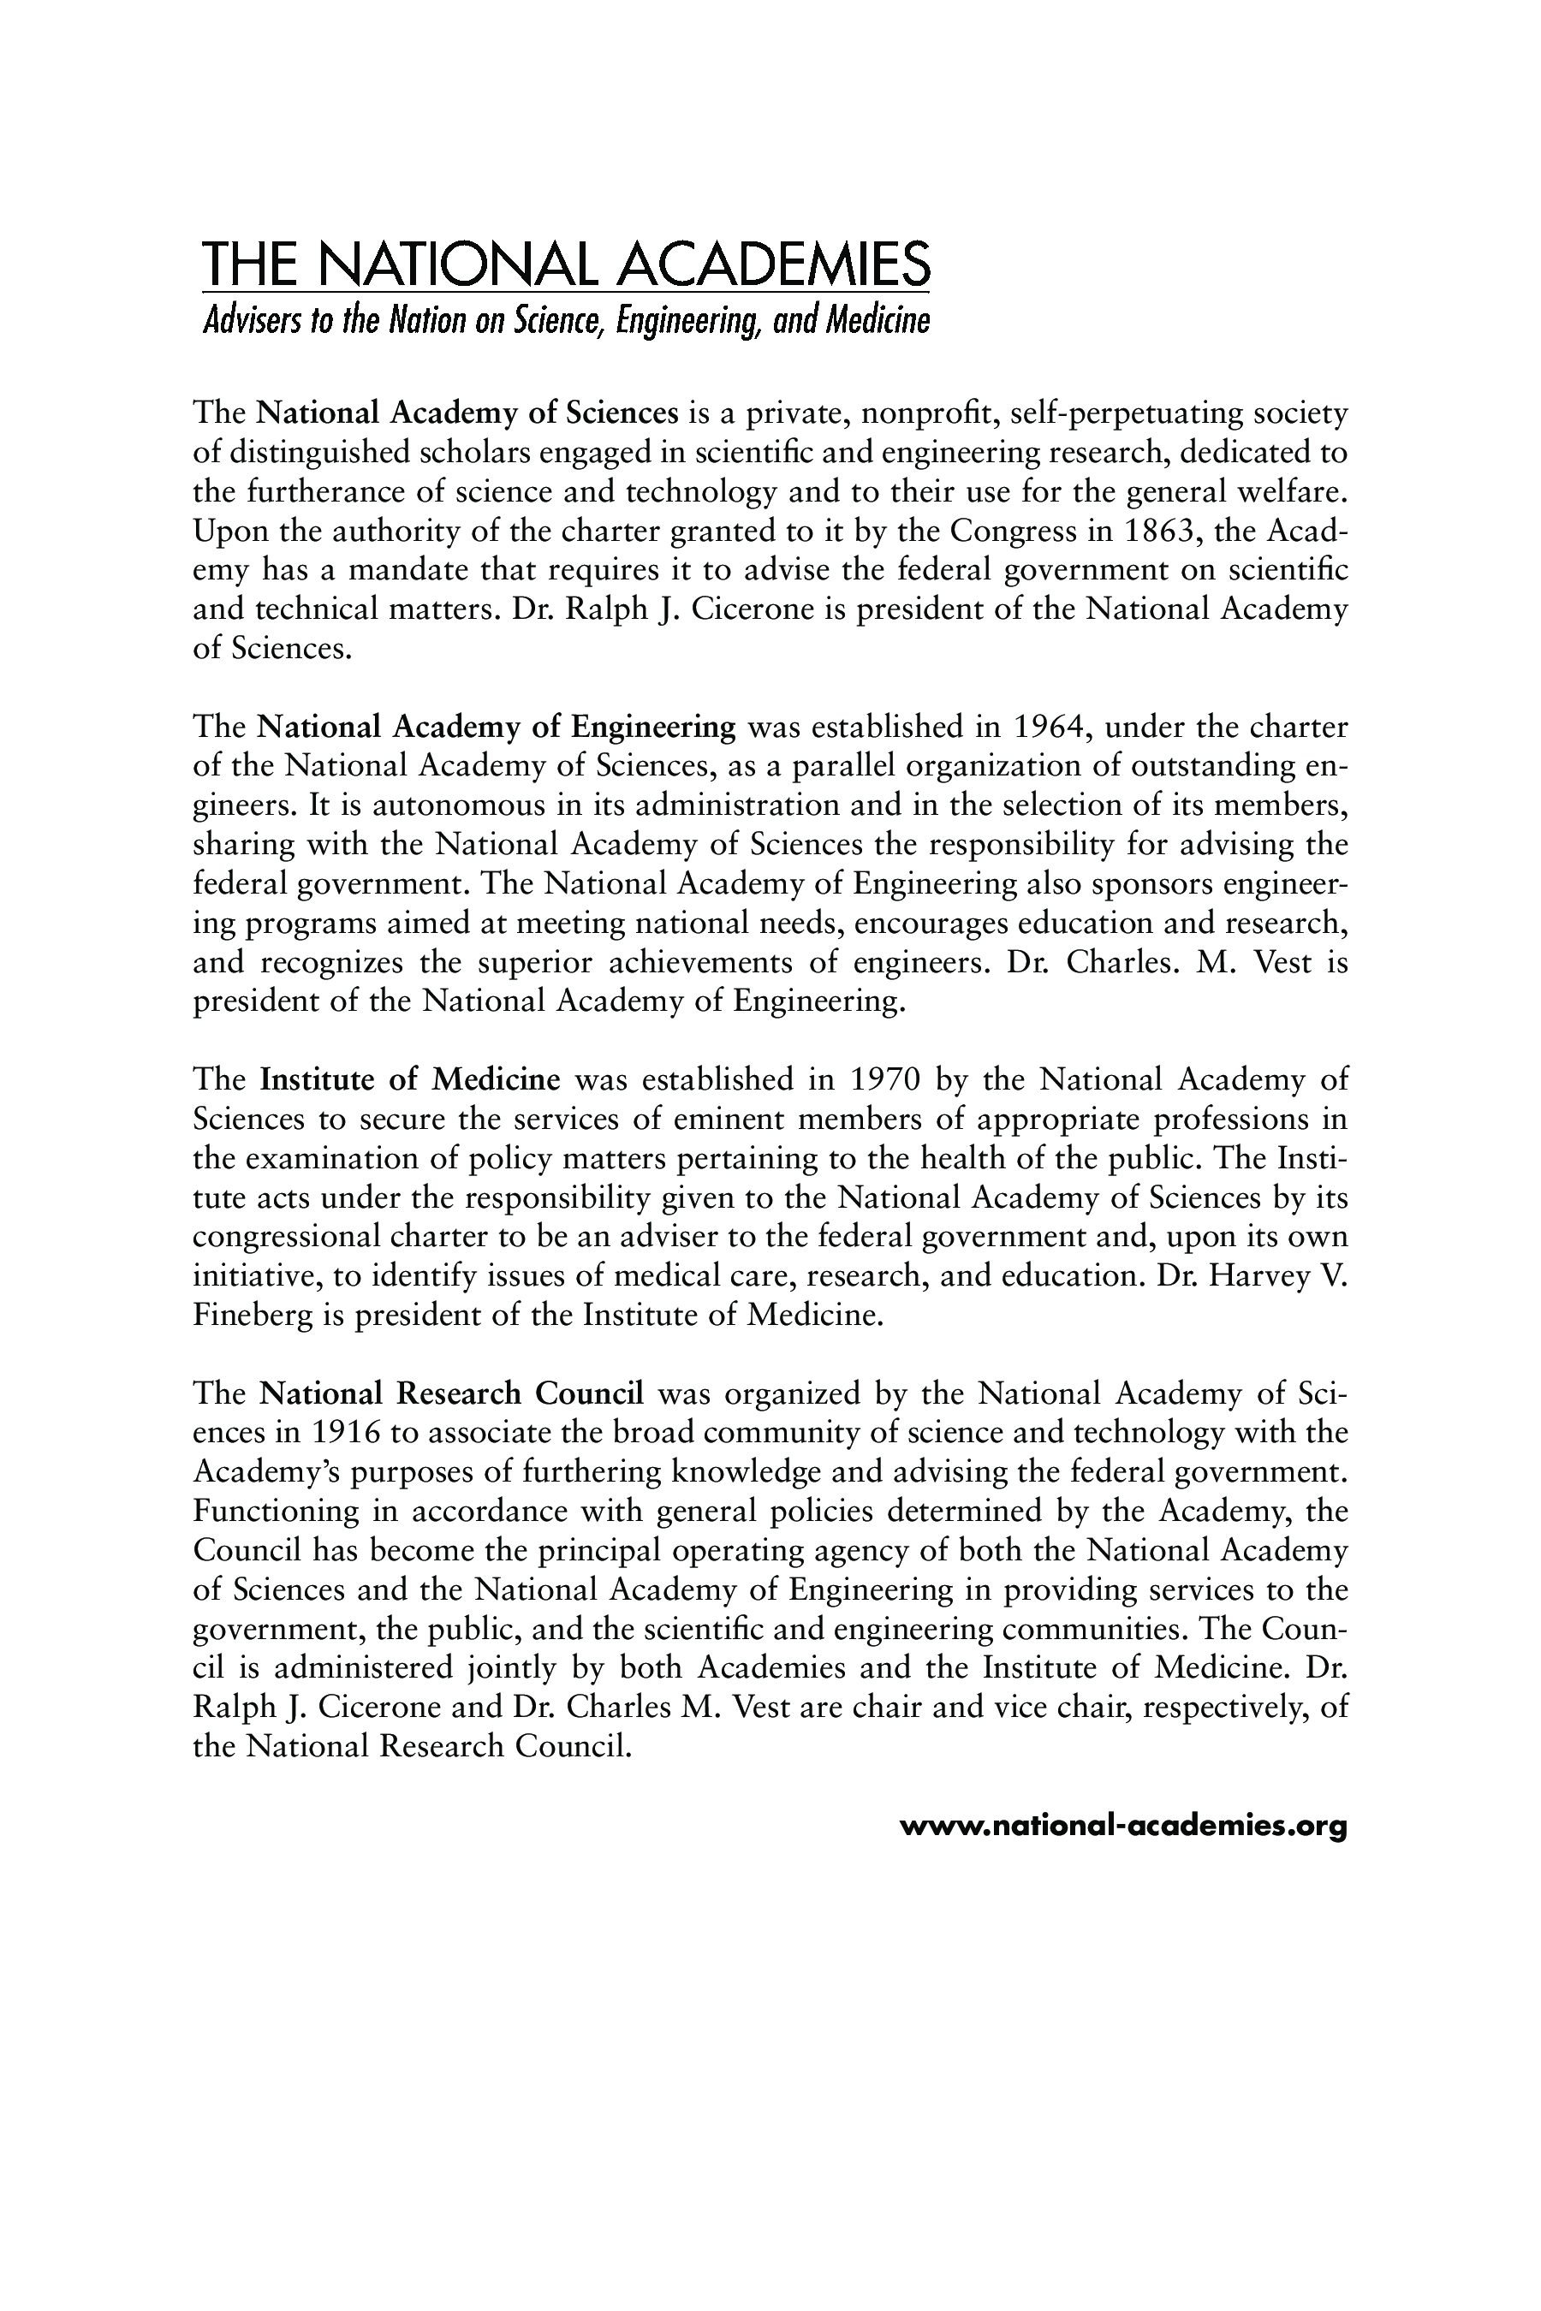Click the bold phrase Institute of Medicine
tap(410, 1080)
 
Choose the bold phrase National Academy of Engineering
tap(497, 727)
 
